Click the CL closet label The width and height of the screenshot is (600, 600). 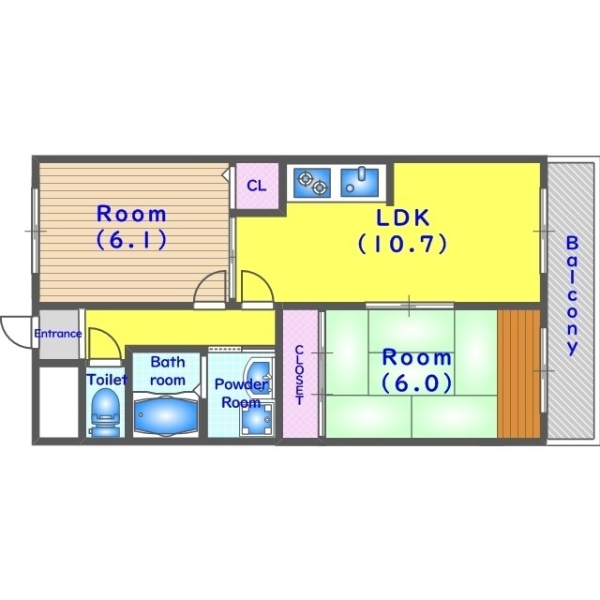[256, 186]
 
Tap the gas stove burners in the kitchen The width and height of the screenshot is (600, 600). [312, 183]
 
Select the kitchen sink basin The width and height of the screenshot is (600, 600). [359, 183]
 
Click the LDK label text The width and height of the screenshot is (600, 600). [403, 217]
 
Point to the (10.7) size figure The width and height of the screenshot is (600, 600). [402, 244]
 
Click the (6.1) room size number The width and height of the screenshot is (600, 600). [131, 240]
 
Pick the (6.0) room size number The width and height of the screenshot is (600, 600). [416, 383]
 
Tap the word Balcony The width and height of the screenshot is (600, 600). [572, 295]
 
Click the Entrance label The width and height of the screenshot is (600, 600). [58, 334]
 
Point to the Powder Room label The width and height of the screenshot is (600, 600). [242, 393]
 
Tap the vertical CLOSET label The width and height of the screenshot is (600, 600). [300, 375]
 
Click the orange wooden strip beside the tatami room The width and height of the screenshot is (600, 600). [518, 373]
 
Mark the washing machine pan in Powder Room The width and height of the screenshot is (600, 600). [256, 419]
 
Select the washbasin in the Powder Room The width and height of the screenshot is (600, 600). [260, 375]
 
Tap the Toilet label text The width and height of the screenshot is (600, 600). [107, 380]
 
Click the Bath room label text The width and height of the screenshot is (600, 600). [168, 371]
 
